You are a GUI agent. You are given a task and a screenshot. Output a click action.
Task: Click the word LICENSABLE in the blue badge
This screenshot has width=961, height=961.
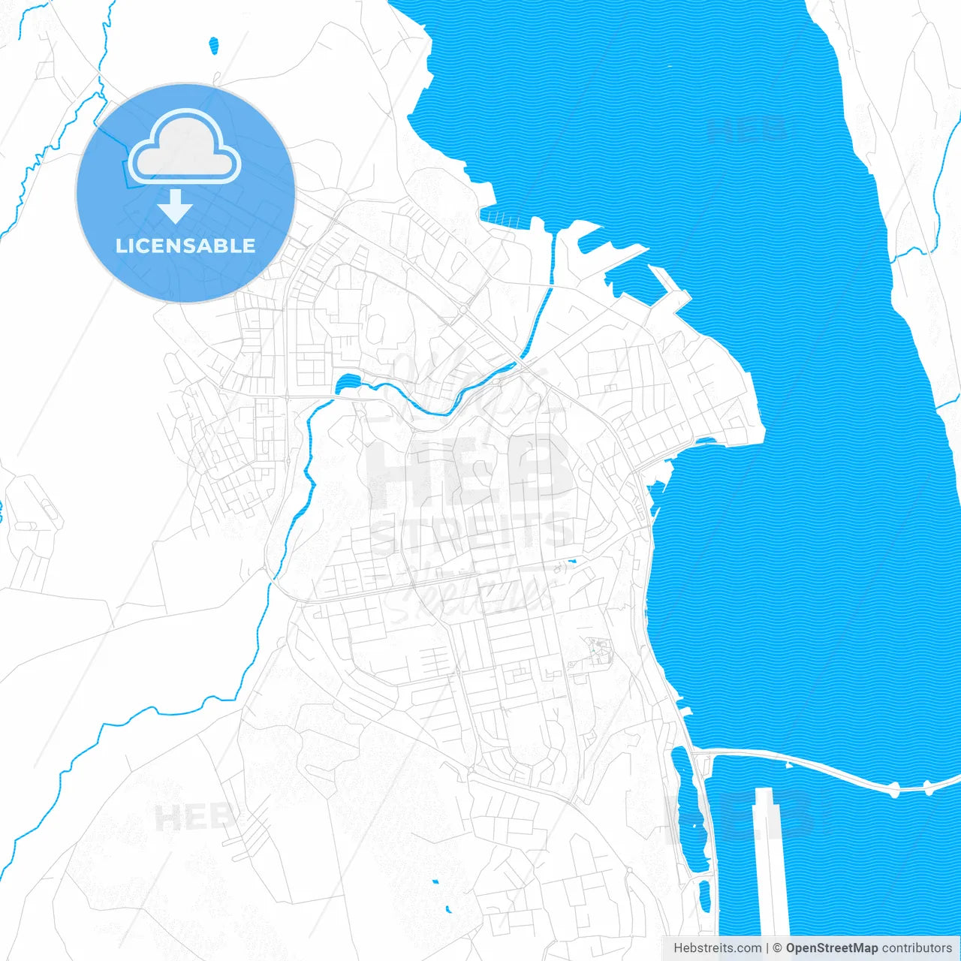click(185, 246)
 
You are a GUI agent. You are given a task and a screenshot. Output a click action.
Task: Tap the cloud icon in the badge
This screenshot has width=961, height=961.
click(185, 147)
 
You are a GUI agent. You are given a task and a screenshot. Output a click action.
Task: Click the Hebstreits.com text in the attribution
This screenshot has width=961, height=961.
click(717, 948)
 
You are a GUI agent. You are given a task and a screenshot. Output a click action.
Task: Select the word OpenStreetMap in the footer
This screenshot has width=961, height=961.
click(831, 948)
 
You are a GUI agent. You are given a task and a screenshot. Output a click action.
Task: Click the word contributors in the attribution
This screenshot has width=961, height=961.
click(916, 948)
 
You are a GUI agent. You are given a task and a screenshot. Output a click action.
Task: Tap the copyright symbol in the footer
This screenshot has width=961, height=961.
click(777, 948)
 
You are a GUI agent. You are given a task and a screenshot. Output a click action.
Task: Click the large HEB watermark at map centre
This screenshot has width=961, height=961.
click(469, 473)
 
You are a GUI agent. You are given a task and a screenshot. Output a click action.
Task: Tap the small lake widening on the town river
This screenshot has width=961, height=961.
click(348, 385)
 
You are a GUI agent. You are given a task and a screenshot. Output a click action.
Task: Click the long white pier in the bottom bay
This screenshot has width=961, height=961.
click(770, 863)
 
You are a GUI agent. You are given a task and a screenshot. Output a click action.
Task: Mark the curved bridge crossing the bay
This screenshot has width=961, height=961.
click(826, 770)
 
